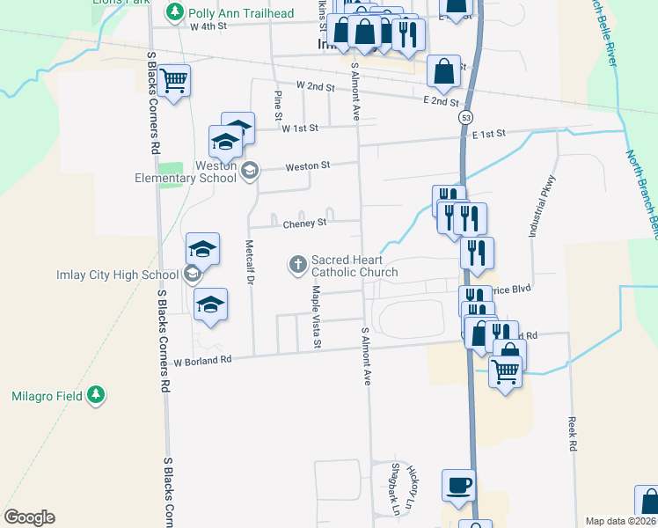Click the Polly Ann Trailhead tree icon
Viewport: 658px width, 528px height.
pyautogui.click(x=175, y=11)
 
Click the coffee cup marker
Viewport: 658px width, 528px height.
pyautogui.click(x=457, y=485)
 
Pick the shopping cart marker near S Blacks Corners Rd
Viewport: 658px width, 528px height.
pyautogui.click(x=174, y=81)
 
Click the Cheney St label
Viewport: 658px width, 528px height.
pyautogui.click(x=304, y=223)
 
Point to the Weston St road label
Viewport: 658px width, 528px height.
pyautogui.click(x=307, y=165)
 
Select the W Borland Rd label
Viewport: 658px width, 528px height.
pyautogui.click(x=201, y=360)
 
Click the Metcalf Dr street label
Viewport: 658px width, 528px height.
pyautogui.click(x=250, y=262)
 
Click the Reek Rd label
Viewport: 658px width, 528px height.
pyautogui.click(x=572, y=435)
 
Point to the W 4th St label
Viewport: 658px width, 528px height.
pyautogui.click(x=208, y=26)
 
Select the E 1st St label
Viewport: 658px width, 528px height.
pyautogui.click(x=489, y=134)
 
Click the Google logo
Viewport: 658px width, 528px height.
pyautogui.click(x=29, y=517)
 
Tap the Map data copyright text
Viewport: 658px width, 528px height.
pyautogui.click(x=621, y=521)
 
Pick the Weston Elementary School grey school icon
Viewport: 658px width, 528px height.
pyautogui.click(x=249, y=171)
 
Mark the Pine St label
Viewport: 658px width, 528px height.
pyautogui.click(x=278, y=105)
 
